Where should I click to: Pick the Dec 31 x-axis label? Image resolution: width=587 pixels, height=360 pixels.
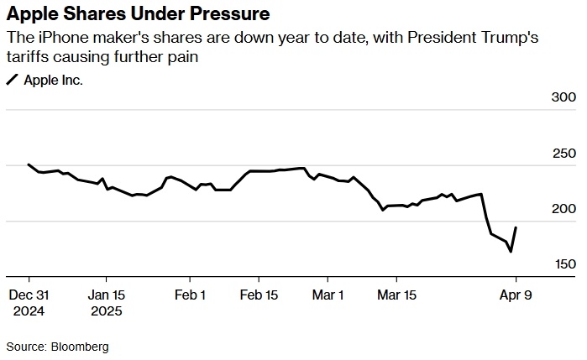29,295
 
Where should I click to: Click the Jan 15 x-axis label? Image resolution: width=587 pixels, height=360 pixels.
106,295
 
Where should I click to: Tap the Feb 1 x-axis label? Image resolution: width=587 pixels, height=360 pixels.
191,295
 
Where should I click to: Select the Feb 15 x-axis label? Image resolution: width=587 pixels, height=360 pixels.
259,295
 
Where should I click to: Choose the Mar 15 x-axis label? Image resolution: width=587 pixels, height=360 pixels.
397,295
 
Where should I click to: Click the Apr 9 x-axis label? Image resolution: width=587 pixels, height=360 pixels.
516,295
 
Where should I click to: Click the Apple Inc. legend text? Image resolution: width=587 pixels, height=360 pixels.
53,81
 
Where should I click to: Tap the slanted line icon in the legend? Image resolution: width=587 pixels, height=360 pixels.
13,81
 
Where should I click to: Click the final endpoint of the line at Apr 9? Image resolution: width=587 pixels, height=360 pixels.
516,227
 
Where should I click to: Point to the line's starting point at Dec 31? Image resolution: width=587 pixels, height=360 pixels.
29,164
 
